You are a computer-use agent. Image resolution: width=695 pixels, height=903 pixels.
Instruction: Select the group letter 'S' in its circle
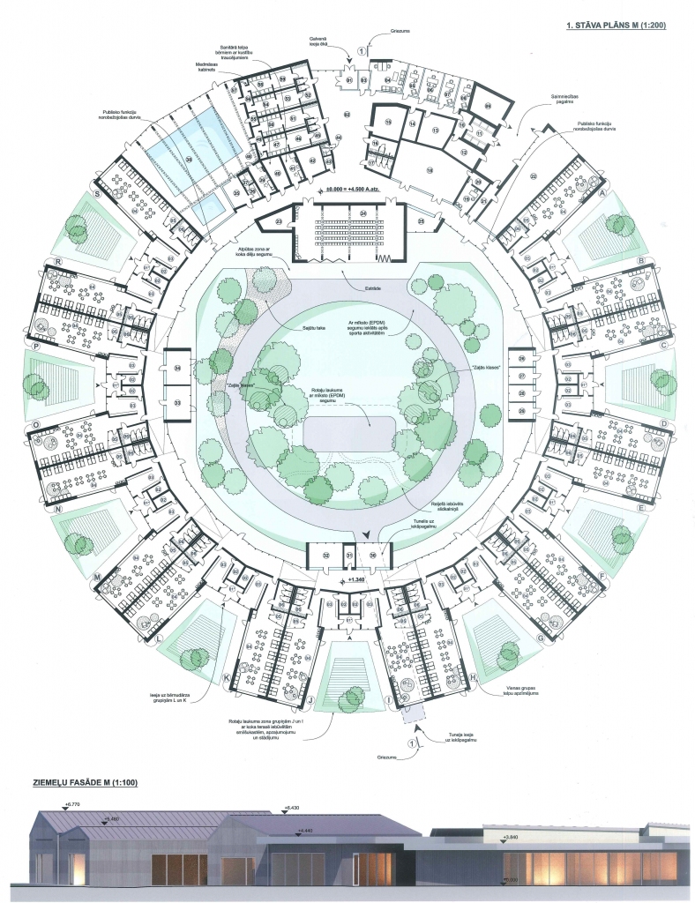click(x=97, y=193)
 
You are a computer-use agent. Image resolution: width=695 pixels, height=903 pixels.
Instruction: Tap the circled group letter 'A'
click(x=603, y=193)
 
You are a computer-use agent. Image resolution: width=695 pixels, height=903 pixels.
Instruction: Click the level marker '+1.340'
click(x=357, y=580)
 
